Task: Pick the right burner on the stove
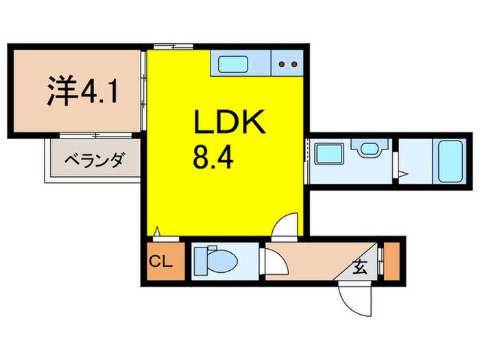293,65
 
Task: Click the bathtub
448,160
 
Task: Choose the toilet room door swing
274,263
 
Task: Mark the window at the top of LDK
173,47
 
